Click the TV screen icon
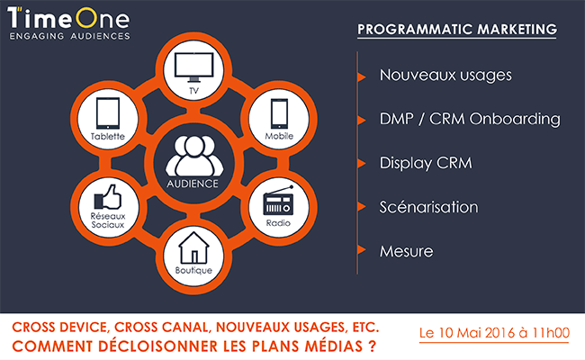pyautogui.click(x=194, y=67)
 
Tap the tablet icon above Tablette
pyautogui.click(x=108, y=113)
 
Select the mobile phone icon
pyautogui.click(x=279, y=113)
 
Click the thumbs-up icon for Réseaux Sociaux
pyautogui.click(x=108, y=196)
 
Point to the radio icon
pyautogui.click(x=278, y=201)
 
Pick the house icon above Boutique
pyautogui.click(x=193, y=247)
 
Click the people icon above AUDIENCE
pyautogui.click(x=194, y=156)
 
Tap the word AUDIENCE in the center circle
pyautogui.click(x=193, y=184)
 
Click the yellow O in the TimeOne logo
pyautogui.click(x=87, y=17)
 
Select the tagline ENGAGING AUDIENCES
pyautogui.click(x=70, y=36)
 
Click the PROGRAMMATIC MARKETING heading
pyautogui.click(x=457, y=30)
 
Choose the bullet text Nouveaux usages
pyautogui.click(x=445, y=76)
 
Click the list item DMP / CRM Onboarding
pyautogui.click(x=470, y=120)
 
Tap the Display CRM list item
pyautogui.click(x=426, y=164)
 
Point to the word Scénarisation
pyautogui.click(x=428, y=207)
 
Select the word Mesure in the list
pyautogui.click(x=406, y=251)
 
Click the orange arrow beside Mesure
pyautogui.click(x=361, y=249)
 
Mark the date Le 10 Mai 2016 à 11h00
pyautogui.click(x=494, y=333)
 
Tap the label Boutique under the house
pyautogui.click(x=193, y=270)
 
